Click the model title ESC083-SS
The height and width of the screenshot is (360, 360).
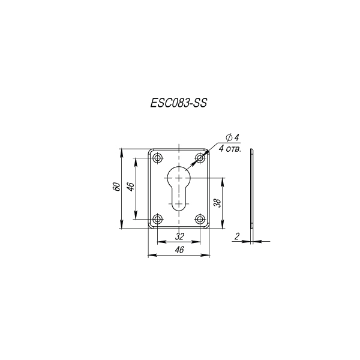click(x=179, y=103)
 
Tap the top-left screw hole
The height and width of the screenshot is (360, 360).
click(x=157, y=158)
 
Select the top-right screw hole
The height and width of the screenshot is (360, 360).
click(x=200, y=158)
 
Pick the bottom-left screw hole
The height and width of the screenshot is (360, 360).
click(x=157, y=219)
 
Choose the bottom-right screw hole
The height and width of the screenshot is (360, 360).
click(x=200, y=219)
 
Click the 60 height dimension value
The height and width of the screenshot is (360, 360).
click(x=116, y=187)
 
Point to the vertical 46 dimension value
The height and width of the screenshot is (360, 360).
click(x=130, y=187)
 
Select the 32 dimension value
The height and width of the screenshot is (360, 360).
click(x=179, y=236)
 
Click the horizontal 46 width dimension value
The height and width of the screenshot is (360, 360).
click(x=179, y=250)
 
